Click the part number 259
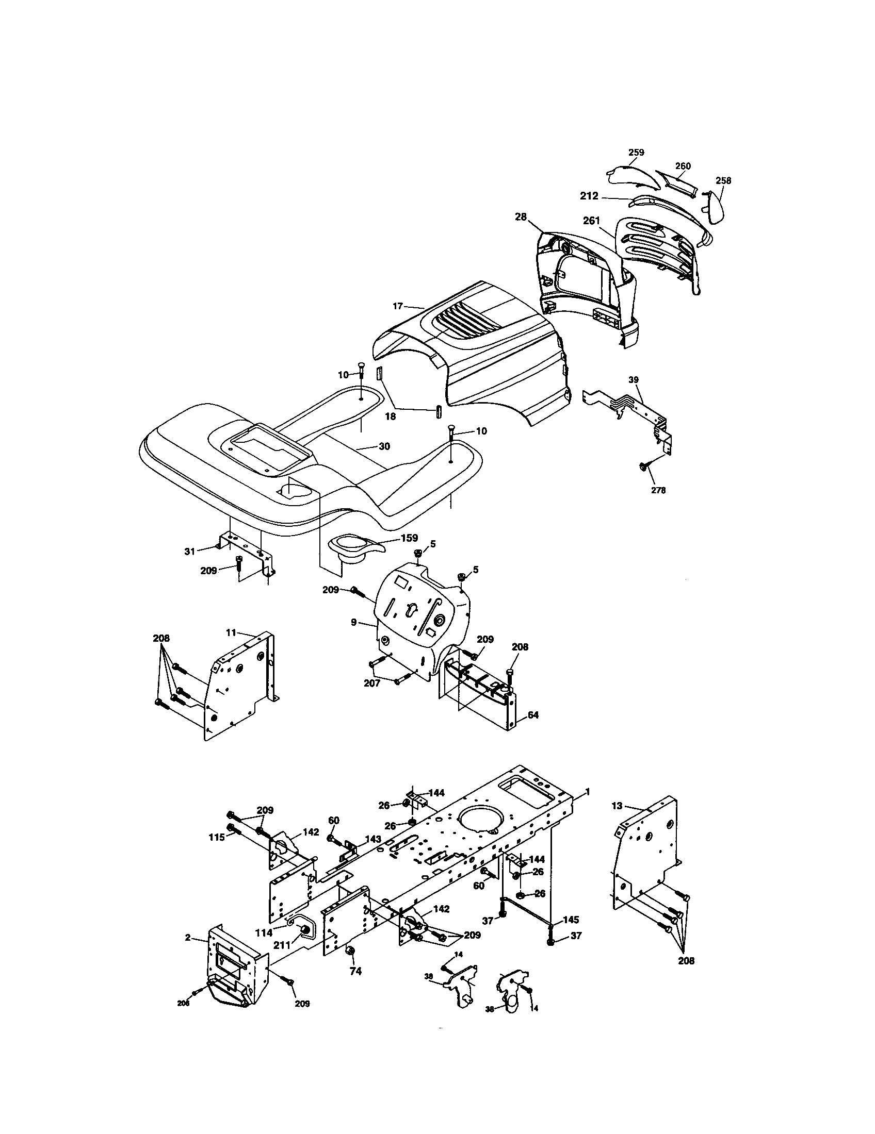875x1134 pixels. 636,152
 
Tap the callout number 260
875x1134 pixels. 683,166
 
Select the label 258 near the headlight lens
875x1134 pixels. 723,181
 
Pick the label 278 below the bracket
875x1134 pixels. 658,490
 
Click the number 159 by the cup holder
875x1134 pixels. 409,538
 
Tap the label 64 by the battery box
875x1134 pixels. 533,714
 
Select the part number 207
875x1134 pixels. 371,683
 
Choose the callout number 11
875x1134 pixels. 231,632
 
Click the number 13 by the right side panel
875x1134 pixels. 616,806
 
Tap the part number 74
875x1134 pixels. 355,971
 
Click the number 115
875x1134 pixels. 217,838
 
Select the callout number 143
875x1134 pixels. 373,839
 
